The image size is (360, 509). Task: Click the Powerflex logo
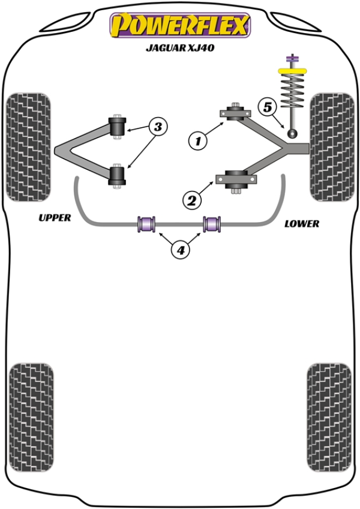point(179,25)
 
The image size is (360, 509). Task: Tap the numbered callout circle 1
point(196,141)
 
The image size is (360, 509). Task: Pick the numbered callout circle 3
point(158,127)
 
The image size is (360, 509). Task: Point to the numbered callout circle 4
point(180,249)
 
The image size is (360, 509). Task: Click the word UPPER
point(55,217)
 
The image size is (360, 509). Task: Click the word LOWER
point(302,223)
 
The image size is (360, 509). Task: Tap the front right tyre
point(331,146)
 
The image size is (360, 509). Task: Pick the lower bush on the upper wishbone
point(118,176)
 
